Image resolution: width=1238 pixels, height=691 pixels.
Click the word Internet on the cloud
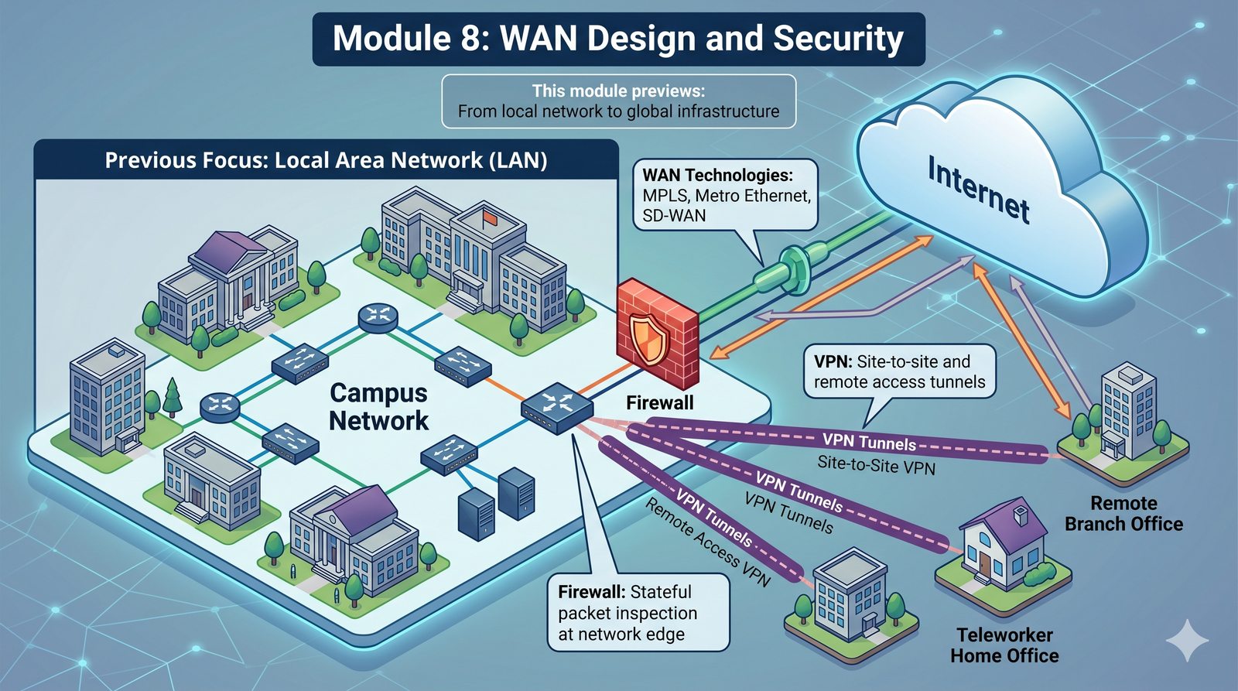979,190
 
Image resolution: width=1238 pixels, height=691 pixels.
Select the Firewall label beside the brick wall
659,402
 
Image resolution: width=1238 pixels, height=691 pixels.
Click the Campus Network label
378,407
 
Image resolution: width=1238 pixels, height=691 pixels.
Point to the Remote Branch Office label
1123,514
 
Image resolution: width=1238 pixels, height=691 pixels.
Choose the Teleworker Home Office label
1004,645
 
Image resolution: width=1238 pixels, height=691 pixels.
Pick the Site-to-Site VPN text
876,466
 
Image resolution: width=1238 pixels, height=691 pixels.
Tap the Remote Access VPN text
707,542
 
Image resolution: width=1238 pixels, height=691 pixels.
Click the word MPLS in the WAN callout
665,196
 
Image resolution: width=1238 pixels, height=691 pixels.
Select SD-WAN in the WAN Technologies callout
674,216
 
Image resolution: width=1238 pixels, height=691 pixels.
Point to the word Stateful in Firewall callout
661,592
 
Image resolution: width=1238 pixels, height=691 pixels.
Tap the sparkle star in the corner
1187,639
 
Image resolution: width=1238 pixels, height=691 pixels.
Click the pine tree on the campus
173,396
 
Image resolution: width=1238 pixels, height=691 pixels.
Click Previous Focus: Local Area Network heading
326,160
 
